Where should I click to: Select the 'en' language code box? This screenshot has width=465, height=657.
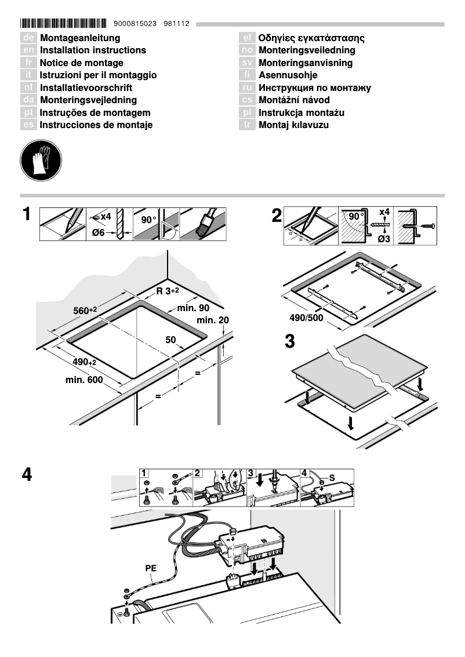pos(28,50)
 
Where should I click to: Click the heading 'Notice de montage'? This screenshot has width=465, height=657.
pos(81,63)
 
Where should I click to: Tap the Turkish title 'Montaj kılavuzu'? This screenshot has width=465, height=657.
pos(293,125)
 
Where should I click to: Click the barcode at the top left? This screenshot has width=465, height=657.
pos(63,24)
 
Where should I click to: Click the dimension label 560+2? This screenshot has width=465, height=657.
pos(85,311)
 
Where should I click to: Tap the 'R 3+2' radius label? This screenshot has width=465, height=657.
pos(170,291)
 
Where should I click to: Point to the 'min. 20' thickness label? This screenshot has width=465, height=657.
pos(213,320)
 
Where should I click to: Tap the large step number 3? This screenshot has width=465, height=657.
pos(289,341)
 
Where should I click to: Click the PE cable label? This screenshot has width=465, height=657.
pos(151,569)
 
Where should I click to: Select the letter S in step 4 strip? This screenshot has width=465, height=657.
pos(332,477)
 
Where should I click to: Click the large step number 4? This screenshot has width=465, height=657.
pos(27,475)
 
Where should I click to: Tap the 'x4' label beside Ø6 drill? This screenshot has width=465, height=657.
pos(105,217)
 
